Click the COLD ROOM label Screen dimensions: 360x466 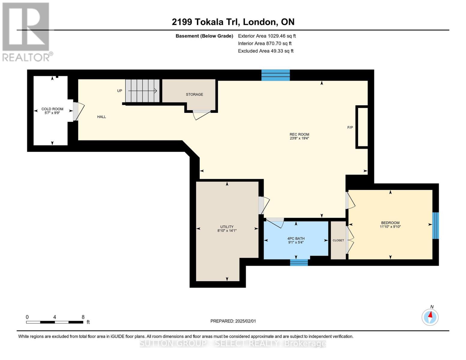click(52, 109)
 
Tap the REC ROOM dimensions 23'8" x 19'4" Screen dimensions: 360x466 click(299, 139)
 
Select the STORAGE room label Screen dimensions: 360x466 click(194, 94)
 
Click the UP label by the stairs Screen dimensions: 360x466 click(119, 91)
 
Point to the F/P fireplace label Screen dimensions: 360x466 click(350, 127)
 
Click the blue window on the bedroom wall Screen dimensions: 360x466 click(435, 226)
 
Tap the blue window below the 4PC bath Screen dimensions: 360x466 click(299, 262)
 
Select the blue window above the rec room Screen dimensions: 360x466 click(275, 75)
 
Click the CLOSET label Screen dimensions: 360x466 click(338, 240)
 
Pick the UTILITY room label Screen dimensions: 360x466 click(227, 227)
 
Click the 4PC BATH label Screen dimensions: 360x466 click(296, 238)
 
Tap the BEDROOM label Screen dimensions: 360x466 click(390, 223)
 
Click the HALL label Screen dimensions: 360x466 click(101, 117)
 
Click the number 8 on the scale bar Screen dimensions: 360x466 click(83, 317)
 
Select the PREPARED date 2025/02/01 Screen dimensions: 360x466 click(233, 321)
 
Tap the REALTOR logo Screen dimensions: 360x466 click(26, 31)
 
